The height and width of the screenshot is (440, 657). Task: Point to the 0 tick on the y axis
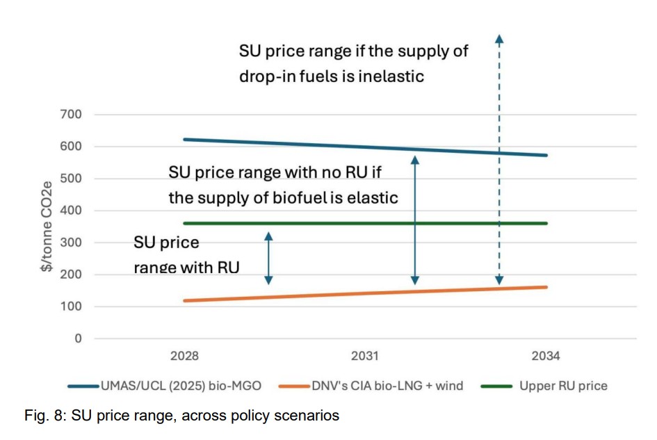[x=78, y=339]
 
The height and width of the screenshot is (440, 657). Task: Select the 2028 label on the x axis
[x=184, y=356]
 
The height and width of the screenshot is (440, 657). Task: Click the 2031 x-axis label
[x=365, y=356]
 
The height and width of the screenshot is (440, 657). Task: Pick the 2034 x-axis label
[x=546, y=356]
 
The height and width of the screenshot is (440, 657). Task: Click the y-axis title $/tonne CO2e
[x=46, y=226]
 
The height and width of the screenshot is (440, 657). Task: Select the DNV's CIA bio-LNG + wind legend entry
[x=371, y=386]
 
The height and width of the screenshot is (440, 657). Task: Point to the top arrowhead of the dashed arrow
[x=498, y=38]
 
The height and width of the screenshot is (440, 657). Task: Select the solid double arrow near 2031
[x=414, y=220]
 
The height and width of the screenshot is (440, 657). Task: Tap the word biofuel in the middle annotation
[x=311, y=197]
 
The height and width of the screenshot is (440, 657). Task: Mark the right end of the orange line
[x=546, y=286]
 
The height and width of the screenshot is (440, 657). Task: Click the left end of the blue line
[x=184, y=140]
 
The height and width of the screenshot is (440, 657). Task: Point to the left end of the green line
[x=184, y=223]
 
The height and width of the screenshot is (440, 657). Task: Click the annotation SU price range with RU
[x=186, y=254]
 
